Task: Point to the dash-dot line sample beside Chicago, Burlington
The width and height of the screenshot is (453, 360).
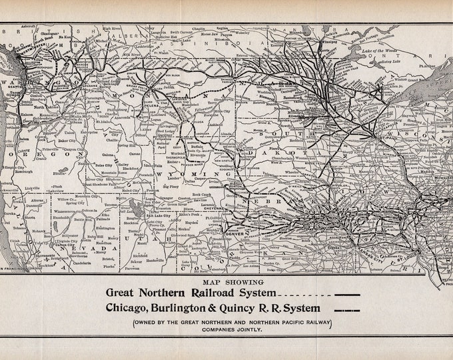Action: [x=348, y=309]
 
